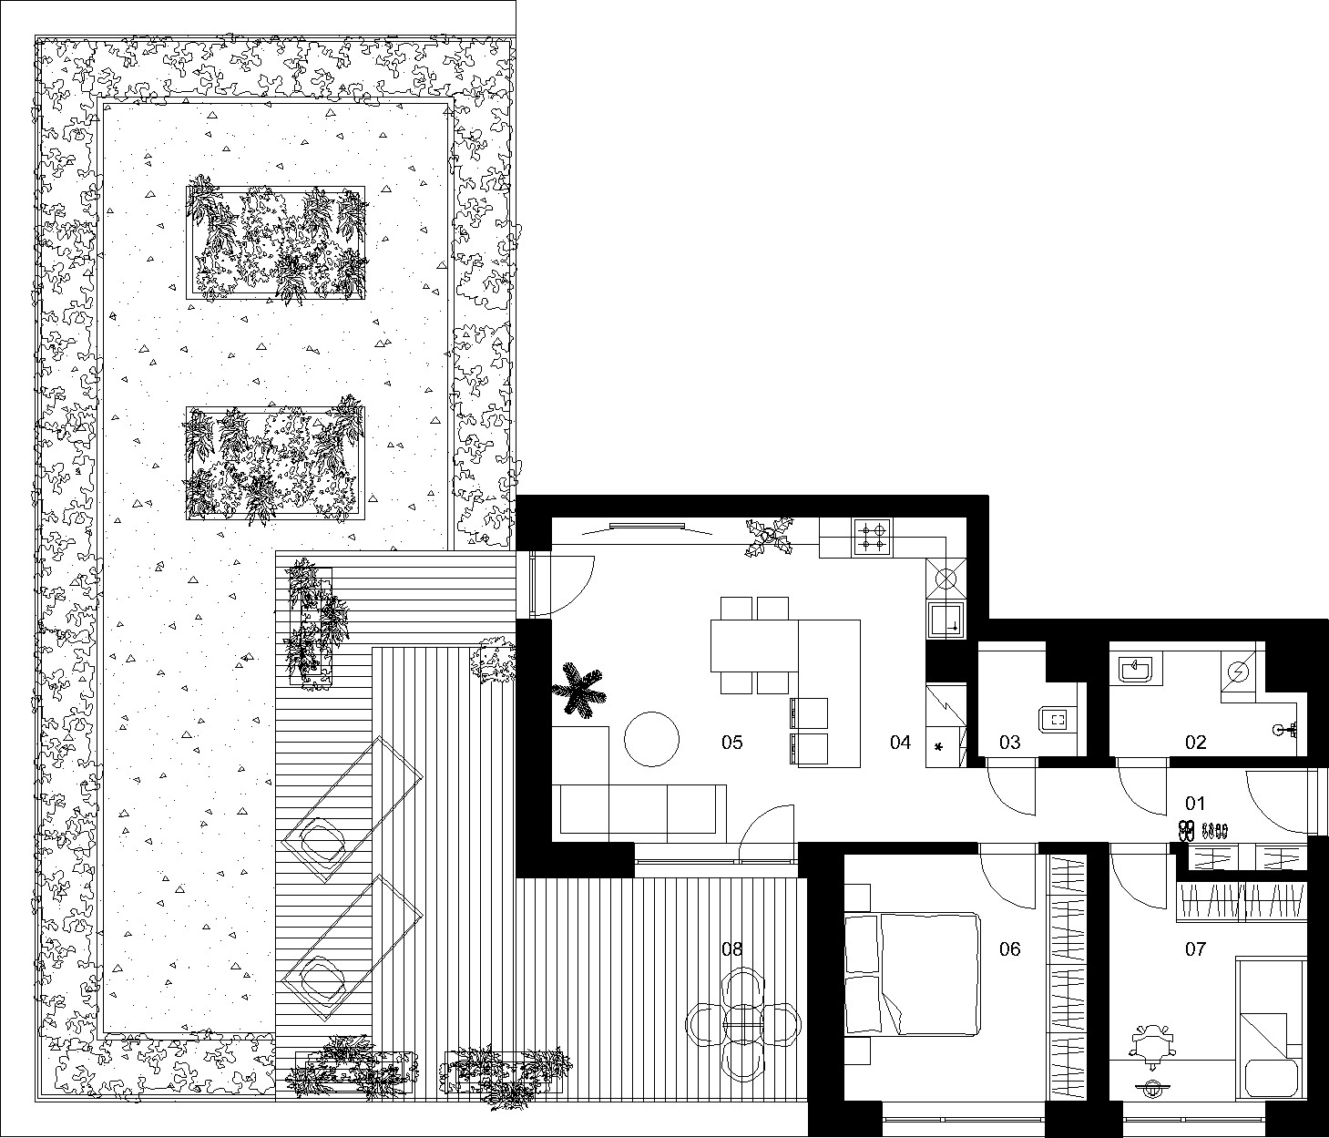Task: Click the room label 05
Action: click(x=731, y=743)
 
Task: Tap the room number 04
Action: click(x=900, y=743)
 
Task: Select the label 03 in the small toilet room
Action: click(x=1009, y=743)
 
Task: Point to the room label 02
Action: click(x=1195, y=743)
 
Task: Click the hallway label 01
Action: click(x=1194, y=803)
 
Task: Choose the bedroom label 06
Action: click(x=1009, y=948)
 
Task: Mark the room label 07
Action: click(x=1195, y=948)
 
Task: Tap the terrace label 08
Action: click(x=731, y=948)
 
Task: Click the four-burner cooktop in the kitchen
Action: click(x=873, y=538)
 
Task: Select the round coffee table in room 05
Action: click(x=651, y=739)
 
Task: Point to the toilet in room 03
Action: click(x=1058, y=720)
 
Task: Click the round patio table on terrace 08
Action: click(x=743, y=1025)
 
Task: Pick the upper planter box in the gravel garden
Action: click(x=276, y=242)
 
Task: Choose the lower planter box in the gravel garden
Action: click(x=276, y=463)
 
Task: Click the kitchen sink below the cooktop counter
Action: click(x=946, y=620)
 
